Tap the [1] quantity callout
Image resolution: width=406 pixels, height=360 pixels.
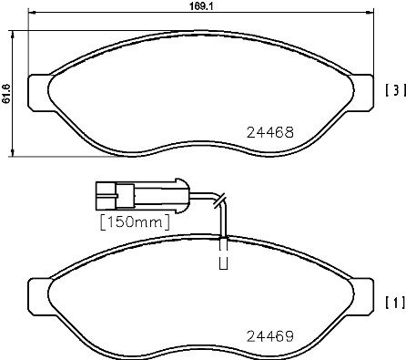click(392, 301)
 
